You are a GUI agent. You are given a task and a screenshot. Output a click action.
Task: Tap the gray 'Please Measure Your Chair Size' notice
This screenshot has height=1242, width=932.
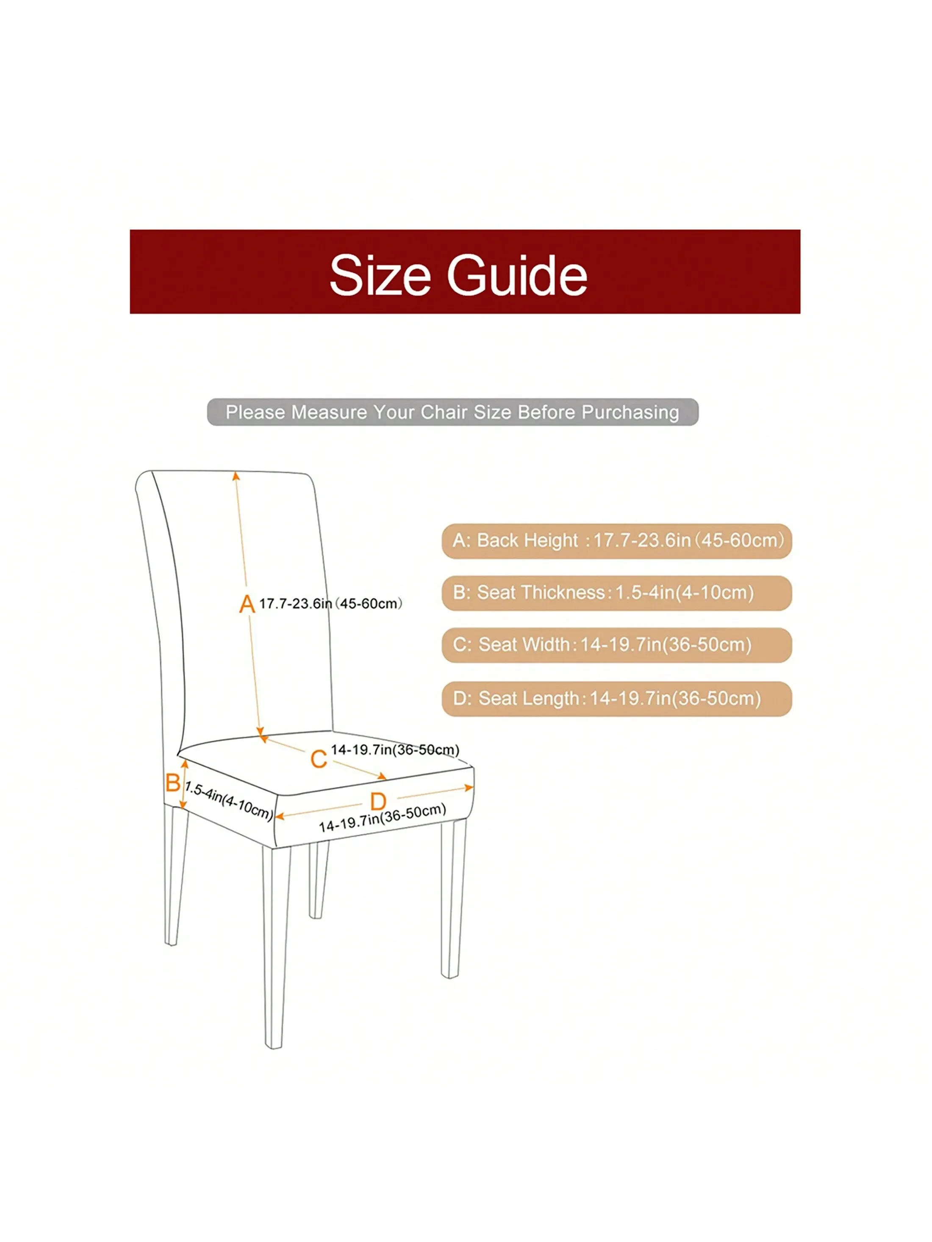452,412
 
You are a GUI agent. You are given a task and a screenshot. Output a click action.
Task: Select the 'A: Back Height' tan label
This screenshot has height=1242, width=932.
616,541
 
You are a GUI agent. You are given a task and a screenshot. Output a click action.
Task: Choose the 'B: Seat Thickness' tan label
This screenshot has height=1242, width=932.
616,593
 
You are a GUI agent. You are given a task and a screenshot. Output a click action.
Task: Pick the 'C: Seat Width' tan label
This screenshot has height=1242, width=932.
616,645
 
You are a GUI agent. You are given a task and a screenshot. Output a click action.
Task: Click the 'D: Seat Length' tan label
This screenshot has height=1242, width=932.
616,698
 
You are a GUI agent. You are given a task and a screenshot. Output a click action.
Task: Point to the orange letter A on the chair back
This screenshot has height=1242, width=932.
247,604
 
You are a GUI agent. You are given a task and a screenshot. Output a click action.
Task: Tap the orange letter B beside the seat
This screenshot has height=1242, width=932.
172,783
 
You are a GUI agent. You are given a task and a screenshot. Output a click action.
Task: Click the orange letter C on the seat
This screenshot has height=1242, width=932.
319,759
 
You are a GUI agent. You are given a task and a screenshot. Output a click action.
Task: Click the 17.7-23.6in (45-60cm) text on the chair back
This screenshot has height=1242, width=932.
330,603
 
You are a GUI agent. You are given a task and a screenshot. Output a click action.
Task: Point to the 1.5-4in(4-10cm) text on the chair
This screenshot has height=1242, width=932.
229,800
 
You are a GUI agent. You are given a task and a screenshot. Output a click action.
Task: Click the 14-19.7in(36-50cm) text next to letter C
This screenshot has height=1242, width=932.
395,750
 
